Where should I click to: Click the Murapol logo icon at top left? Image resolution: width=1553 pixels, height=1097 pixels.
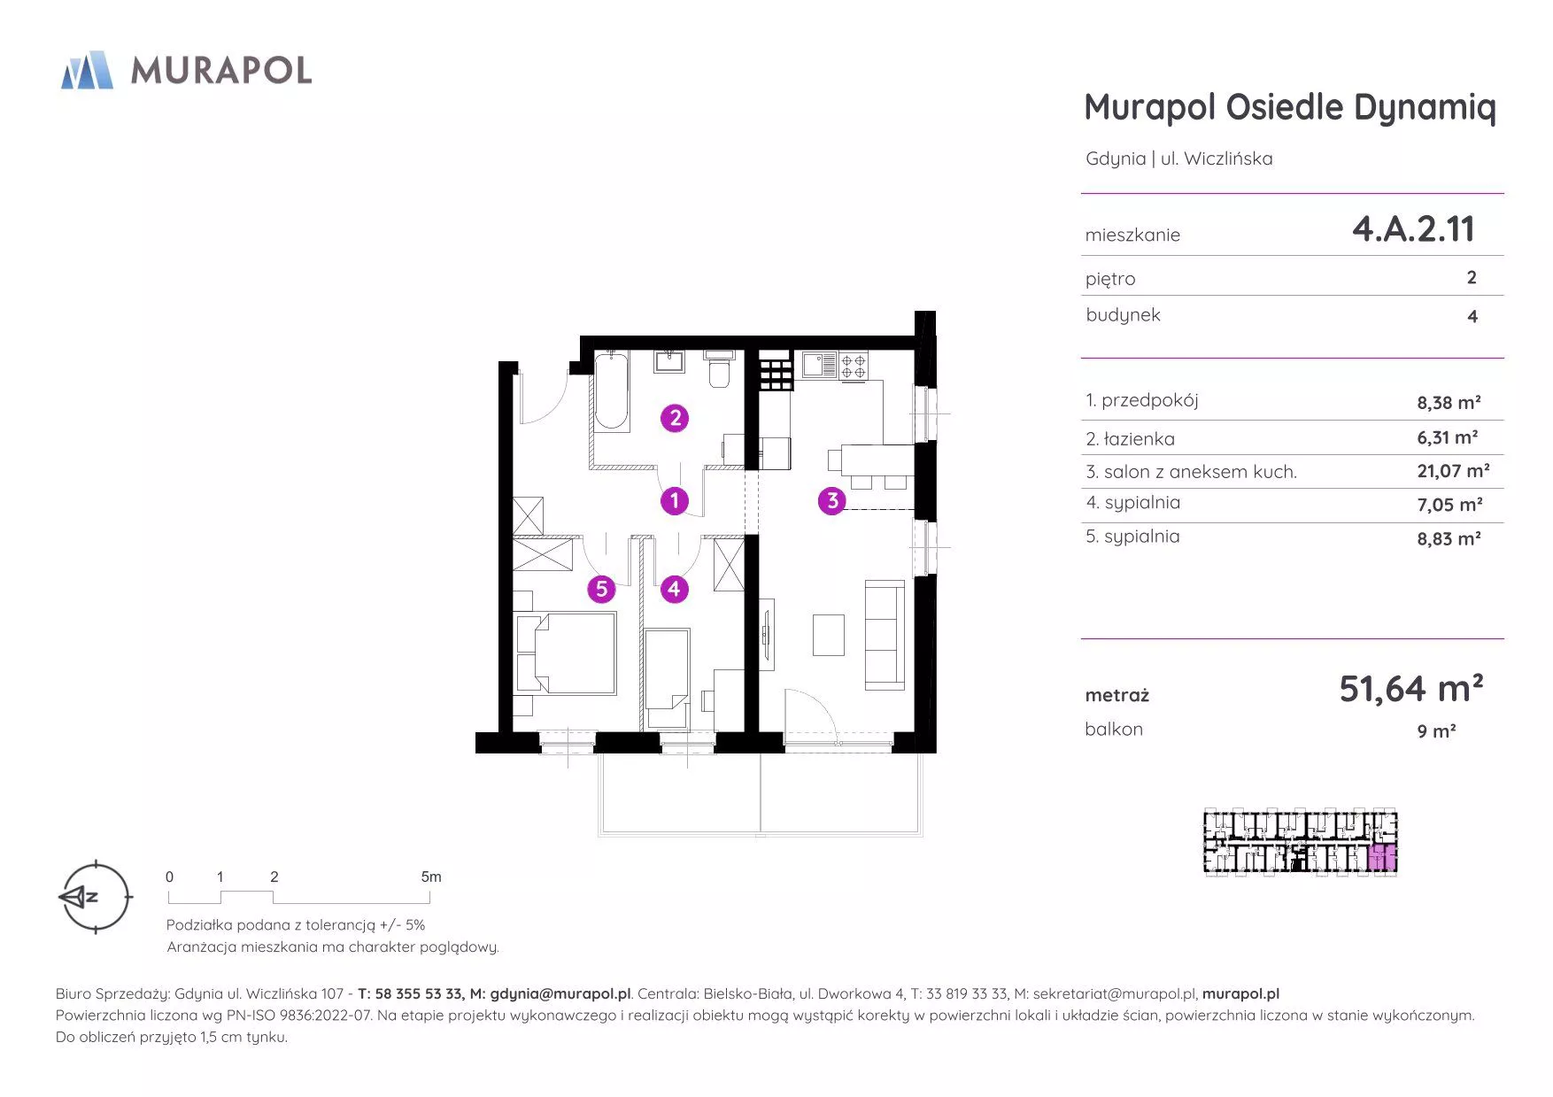coord(87,70)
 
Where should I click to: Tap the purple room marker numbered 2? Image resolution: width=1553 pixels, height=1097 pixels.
coord(676,418)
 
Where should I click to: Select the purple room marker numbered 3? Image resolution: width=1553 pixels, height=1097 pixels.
coord(831,501)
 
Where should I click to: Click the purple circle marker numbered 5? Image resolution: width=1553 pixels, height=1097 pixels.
coord(601,589)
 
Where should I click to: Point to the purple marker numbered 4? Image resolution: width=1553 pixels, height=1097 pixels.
coord(674,589)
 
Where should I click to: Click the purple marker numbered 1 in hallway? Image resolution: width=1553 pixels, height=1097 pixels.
coord(675,501)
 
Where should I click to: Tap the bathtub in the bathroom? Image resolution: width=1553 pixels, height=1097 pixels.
coord(610,391)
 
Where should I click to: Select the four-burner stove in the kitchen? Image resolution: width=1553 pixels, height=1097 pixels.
coord(854,366)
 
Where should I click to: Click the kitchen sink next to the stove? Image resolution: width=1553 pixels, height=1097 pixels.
coord(820,365)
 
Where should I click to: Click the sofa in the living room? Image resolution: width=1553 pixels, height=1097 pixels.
coord(885,634)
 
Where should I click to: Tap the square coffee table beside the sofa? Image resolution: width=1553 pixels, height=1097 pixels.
coord(828,636)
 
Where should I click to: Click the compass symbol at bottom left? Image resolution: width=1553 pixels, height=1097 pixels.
coord(94,897)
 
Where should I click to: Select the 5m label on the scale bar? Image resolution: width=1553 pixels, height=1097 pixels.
coord(431,877)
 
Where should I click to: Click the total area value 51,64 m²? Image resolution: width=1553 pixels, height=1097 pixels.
coord(1410,689)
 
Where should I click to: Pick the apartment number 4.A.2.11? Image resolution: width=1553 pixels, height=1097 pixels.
coord(1413,229)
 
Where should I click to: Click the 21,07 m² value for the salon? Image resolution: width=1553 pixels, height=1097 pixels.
coord(1453,471)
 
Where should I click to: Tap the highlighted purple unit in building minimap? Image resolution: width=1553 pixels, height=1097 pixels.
coord(1382,858)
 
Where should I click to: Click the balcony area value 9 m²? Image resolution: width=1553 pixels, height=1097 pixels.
coord(1436,731)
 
